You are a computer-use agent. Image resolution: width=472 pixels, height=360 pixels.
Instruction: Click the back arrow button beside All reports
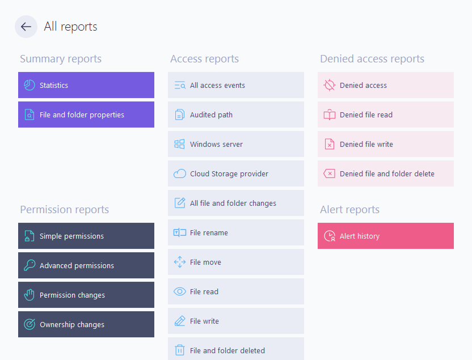point(26,27)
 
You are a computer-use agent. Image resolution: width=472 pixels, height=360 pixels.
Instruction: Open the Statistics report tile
point(86,85)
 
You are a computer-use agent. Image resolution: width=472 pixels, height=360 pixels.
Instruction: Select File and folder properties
point(86,115)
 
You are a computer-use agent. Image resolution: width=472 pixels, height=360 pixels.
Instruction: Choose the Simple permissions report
point(86,236)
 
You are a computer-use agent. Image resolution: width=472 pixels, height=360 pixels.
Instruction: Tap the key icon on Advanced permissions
point(29,265)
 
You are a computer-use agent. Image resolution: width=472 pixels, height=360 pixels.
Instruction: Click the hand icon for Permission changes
point(29,295)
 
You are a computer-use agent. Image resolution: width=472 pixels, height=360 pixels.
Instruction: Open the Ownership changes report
point(86,324)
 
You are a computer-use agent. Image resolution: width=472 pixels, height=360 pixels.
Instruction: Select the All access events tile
point(236,85)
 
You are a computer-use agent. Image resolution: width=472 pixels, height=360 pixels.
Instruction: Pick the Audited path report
point(236,115)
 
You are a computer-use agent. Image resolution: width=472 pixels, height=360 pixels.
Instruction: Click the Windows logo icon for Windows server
point(179,144)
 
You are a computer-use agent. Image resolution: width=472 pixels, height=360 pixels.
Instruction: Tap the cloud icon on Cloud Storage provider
point(180,173)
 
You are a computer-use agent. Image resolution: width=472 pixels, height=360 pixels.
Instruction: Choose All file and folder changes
point(236,203)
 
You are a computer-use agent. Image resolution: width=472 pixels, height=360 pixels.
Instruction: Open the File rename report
point(236,232)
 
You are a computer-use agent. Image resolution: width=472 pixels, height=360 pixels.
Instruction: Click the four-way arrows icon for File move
point(180,262)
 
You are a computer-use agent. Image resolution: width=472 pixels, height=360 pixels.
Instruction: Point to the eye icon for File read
point(180,291)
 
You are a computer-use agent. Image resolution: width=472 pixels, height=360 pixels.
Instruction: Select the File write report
point(236,321)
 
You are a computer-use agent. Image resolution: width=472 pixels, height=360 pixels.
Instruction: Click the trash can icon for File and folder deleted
point(180,350)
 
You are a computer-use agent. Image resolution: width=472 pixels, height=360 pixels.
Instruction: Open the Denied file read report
point(386,115)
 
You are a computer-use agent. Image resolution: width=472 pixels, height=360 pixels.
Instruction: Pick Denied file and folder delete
point(386,173)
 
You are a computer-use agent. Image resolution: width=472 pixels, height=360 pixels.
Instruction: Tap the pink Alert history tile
point(386,236)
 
